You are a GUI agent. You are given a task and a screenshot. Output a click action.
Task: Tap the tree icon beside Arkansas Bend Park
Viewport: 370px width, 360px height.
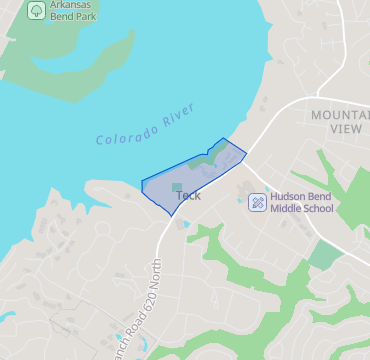(36, 10)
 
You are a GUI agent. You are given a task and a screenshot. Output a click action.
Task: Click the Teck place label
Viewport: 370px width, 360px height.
(188, 195)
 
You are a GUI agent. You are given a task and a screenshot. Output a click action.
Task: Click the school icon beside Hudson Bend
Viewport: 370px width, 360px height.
(257, 202)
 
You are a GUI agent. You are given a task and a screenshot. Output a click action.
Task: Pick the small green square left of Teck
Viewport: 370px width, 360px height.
(177, 186)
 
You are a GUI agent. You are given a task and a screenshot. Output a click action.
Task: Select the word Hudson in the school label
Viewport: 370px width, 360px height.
(289, 197)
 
